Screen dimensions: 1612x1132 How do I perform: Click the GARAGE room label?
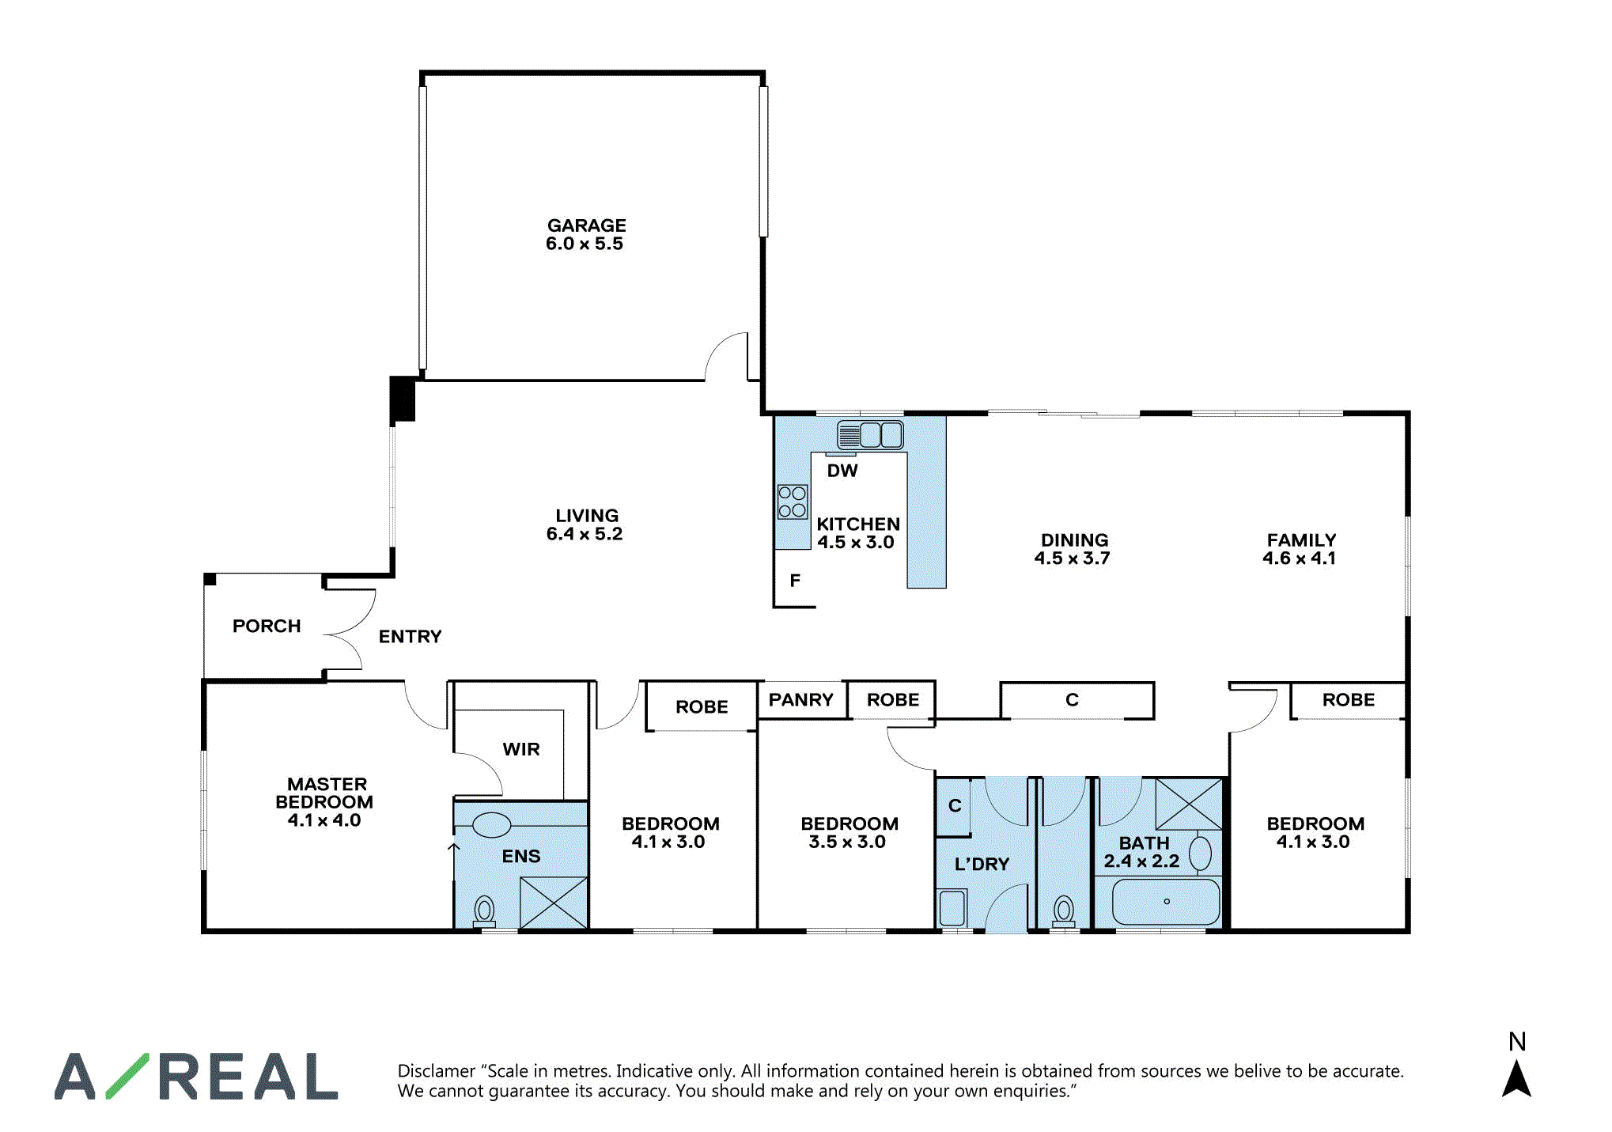coord(587,225)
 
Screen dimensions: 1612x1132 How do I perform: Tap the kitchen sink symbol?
coord(870,435)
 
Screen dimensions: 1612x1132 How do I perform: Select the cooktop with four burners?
coord(793,502)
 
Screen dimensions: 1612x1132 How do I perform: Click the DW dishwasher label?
coord(842,471)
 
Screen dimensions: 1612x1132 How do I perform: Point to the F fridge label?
coord(795,581)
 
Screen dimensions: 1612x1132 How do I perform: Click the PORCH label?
coord(267,626)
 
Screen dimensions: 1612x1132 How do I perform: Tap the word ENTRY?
coord(410,636)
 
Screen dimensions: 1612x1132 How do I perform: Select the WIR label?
coord(521,749)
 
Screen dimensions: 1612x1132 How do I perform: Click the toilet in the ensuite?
coord(484,911)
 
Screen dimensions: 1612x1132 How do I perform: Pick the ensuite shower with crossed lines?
coord(554,903)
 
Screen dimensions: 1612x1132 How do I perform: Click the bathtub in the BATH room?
coord(1166,902)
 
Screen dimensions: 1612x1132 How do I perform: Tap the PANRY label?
coord(800,699)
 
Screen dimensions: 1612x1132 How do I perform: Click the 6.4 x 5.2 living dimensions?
coord(585,534)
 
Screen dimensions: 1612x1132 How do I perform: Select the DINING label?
coord(1074,539)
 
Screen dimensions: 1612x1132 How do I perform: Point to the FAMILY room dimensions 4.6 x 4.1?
coord(1299,558)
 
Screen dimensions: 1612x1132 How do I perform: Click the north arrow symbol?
coord(1516,1079)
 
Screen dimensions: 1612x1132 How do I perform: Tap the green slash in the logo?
coord(127,1077)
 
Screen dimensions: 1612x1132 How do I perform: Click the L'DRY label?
coord(982,864)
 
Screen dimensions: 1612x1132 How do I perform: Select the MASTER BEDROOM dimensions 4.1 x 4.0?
coord(324,820)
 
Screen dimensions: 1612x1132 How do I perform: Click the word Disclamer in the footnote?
coord(436,1071)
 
